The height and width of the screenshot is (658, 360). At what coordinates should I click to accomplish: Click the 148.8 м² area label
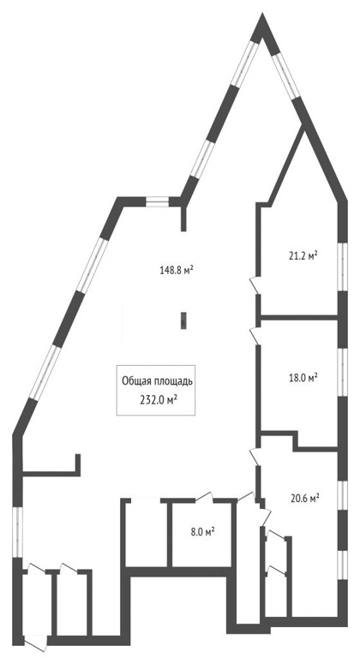(177, 269)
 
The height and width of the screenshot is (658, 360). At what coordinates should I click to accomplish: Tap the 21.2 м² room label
(303, 255)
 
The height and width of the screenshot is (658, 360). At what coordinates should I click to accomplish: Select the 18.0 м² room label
(303, 378)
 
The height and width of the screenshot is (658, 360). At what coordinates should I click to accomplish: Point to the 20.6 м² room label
(305, 498)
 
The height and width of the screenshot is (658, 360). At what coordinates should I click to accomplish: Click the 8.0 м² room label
(202, 533)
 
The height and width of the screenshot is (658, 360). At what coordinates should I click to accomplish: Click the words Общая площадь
(157, 381)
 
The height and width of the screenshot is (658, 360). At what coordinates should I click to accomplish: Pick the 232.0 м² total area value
(158, 400)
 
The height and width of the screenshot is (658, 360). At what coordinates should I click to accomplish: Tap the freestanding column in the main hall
(183, 320)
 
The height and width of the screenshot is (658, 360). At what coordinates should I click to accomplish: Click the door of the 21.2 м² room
(254, 285)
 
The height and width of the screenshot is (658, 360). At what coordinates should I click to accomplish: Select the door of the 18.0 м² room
(254, 336)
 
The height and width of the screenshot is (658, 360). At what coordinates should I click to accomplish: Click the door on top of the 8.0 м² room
(204, 496)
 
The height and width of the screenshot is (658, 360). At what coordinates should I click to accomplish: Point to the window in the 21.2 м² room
(343, 266)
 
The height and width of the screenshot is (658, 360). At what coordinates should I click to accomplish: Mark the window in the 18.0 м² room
(343, 373)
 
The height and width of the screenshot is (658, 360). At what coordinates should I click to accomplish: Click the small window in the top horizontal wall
(157, 202)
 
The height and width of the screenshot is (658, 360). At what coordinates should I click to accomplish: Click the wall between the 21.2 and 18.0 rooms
(299, 317)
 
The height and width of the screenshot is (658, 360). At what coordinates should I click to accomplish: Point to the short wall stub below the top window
(183, 218)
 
